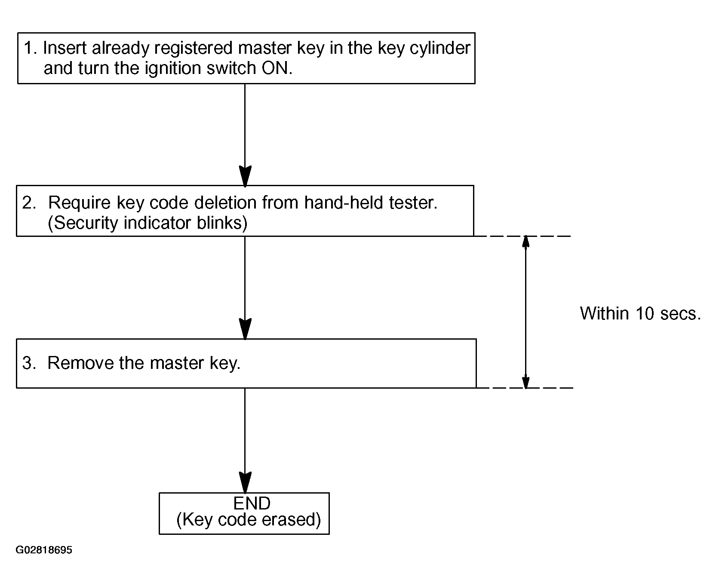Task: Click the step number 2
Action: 29,202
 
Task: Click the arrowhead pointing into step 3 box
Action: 245,329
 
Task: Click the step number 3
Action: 29,363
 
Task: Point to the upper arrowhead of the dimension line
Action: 525,242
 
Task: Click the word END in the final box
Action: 252,503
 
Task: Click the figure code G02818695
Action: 44,550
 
